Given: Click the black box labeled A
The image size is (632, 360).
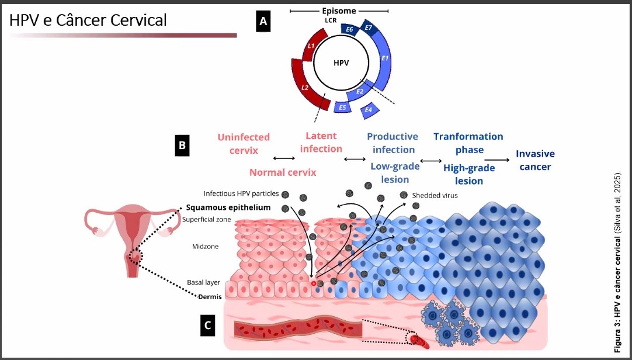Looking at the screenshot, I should click(263, 22).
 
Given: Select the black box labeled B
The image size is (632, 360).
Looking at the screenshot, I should click(183, 146).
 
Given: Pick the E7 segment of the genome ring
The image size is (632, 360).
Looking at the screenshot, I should click(369, 29).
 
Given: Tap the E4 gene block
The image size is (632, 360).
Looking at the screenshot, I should click(369, 109).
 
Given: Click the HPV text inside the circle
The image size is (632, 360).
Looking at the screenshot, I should click(341, 63).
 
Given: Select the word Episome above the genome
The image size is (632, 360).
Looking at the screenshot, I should click(339, 11).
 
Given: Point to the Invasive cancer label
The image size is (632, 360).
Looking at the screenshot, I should click(535, 160).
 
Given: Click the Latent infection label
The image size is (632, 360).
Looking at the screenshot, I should click(321, 142).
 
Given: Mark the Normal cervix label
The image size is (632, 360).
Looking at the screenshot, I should click(283, 172).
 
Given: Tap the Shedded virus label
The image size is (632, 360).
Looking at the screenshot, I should click(435, 195).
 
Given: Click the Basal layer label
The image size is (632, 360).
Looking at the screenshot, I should click(203, 282).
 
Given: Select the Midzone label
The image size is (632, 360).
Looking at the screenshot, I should click(205, 247).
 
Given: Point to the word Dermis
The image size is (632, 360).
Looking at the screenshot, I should click(210, 297).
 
